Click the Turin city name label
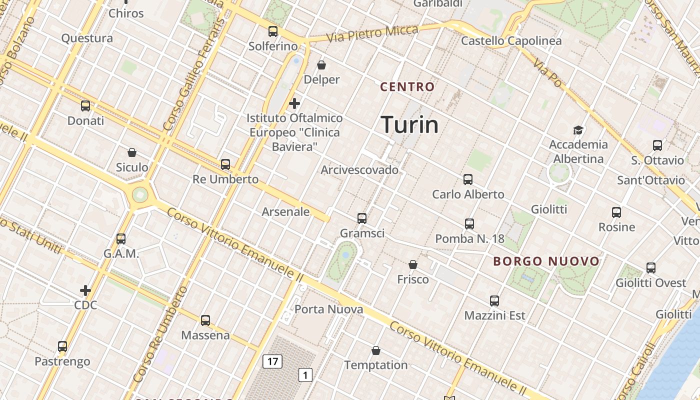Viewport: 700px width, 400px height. click(409, 124)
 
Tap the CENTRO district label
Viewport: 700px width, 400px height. click(407, 86)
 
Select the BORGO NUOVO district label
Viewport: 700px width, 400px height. click(546, 261)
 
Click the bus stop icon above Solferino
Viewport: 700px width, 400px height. click(273, 31)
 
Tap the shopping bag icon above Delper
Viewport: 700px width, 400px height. click(321, 65)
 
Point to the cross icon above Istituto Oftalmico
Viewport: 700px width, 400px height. click(294, 103)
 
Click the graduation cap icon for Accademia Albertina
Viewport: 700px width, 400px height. click(578, 130)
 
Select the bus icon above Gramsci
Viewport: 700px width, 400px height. click(362, 218)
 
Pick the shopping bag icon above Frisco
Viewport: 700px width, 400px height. click(413, 264)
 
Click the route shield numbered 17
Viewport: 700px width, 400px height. click(272, 361)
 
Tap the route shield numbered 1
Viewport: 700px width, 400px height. click(305, 374)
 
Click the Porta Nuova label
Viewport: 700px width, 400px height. click(328, 309)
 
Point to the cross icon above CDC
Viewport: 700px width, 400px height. click(85, 290)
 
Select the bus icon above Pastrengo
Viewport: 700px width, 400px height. click(62, 346)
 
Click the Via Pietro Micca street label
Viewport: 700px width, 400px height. click(372, 33)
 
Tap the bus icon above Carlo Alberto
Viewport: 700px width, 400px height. click(468, 179)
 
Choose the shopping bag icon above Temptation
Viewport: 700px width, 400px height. click(376, 350)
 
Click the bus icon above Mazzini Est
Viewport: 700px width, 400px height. click(494, 301)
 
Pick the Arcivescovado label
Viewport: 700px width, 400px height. click(359, 170)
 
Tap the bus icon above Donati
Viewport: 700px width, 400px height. click(85, 106)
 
